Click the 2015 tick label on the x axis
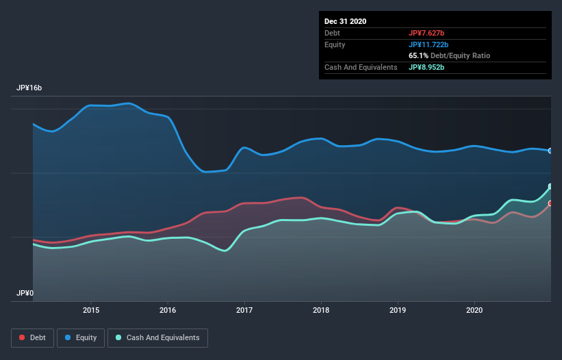(91, 310)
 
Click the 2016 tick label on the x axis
(168, 310)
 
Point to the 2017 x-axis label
(244, 310)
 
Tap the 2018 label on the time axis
(321, 310)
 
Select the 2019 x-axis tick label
(398, 310)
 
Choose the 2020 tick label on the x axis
(474, 310)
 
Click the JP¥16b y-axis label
(29, 88)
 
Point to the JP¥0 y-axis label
(25, 293)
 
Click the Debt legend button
(33, 337)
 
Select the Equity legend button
(80, 337)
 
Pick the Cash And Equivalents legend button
(157, 337)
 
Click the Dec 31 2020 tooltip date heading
(345, 21)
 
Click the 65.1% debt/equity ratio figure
(418, 55)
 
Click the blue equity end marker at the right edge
(550, 151)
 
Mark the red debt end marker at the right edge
(550, 203)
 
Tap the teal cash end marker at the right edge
(550, 186)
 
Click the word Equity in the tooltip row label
(335, 44)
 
